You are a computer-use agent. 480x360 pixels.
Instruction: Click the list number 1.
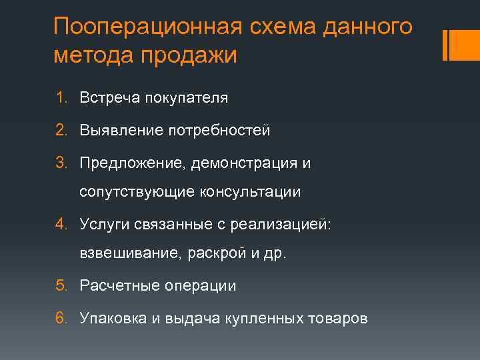(60, 98)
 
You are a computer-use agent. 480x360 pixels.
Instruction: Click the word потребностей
(217, 130)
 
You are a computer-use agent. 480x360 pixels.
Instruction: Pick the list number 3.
(60, 163)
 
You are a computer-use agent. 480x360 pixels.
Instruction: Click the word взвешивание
(129, 254)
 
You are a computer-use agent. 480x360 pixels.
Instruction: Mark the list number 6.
(60, 318)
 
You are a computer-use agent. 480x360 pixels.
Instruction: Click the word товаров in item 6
(337, 318)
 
